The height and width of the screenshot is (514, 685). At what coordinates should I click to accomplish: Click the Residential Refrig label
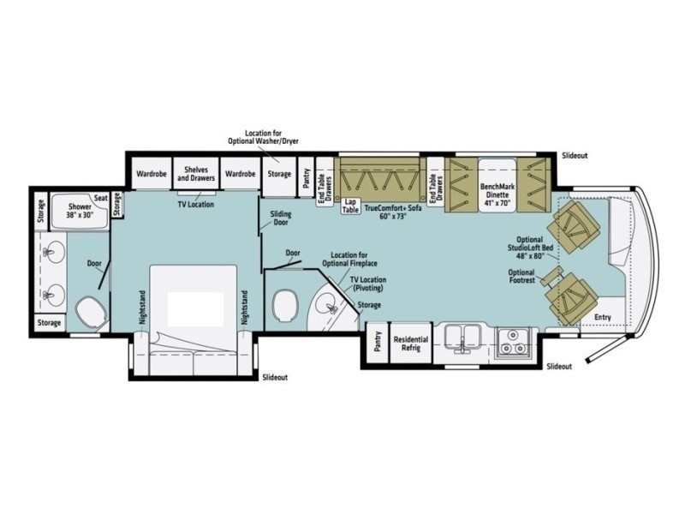click(x=411, y=344)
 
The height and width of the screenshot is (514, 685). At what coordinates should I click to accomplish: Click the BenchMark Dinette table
click(x=497, y=185)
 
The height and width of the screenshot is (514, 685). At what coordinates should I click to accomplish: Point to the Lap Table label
click(x=350, y=206)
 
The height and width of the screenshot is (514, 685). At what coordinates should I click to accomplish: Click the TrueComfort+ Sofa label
click(x=393, y=212)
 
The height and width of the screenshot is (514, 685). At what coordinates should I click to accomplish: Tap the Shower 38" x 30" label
click(x=80, y=211)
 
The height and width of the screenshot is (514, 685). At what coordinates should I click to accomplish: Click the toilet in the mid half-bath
click(x=287, y=305)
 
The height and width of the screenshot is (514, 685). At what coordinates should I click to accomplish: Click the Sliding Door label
click(x=281, y=218)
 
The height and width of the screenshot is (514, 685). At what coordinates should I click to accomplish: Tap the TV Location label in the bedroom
click(x=196, y=204)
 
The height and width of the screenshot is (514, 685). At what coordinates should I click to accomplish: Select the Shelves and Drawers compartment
click(x=196, y=174)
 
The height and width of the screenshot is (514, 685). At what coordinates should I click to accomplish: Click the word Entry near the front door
click(x=603, y=317)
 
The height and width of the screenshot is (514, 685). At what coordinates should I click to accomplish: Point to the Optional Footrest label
click(x=521, y=276)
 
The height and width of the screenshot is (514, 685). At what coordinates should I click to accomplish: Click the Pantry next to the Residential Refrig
click(x=377, y=341)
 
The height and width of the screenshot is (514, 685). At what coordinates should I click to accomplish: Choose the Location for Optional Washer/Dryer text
click(x=263, y=137)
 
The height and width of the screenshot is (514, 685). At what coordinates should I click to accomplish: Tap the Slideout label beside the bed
click(x=275, y=377)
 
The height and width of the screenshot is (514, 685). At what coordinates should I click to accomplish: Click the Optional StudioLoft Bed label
click(x=530, y=248)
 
